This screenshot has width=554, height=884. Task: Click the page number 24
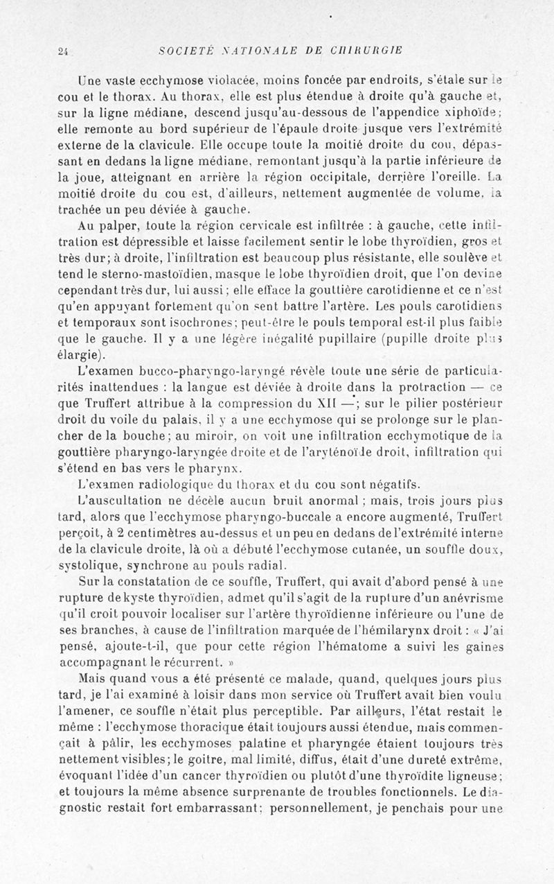[62, 50]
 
